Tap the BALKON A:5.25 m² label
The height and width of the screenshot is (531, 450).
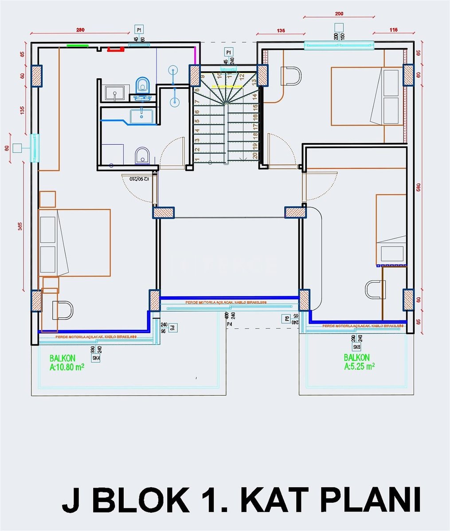[x=359, y=362]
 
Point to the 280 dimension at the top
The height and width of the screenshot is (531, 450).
[x=80, y=31]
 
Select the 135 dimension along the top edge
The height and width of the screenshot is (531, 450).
[x=281, y=31]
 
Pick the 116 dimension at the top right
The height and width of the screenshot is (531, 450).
[x=393, y=30]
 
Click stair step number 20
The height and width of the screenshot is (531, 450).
[x=255, y=156]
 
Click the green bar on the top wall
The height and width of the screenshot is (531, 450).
[x=77, y=45]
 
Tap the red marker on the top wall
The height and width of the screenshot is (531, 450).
[x=116, y=50]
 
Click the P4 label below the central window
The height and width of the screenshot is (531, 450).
[x=229, y=324]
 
